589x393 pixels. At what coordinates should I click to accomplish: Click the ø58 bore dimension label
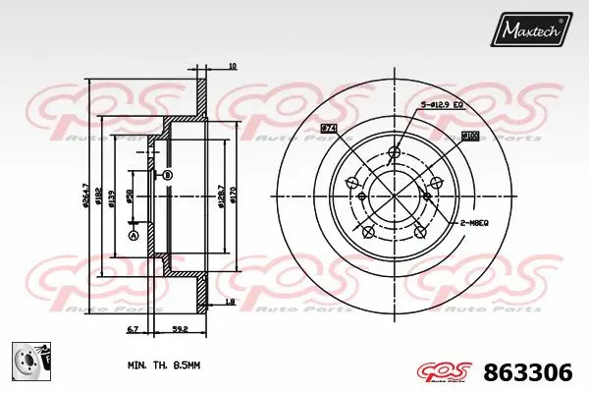132,197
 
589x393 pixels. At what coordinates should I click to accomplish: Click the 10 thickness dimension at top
232,67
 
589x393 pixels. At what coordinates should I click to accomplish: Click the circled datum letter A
134,236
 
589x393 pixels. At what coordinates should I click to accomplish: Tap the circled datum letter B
167,175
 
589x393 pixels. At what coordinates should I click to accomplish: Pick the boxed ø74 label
328,129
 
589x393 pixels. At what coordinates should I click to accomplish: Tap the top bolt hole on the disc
395,151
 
